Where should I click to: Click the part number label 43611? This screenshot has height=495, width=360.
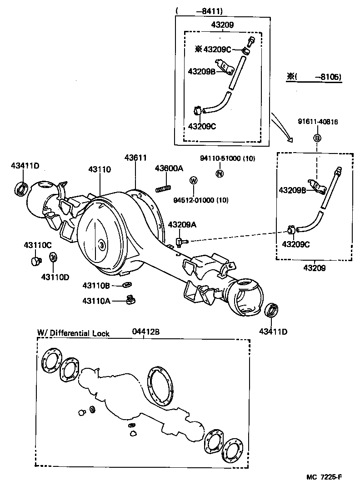point(135,158)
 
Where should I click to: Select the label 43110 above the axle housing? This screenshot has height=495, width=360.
point(100,169)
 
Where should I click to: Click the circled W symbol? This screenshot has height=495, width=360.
point(193,181)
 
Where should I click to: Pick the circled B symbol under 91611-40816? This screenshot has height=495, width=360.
point(317,138)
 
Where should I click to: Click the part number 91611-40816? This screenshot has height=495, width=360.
point(318,122)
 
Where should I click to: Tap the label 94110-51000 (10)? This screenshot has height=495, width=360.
point(228,158)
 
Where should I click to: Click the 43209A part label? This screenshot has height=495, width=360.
point(182,224)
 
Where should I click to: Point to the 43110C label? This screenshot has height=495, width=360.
point(38,245)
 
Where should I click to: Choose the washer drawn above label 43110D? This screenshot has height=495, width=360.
point(53,257)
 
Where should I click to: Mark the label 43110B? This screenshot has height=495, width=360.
point(96,285)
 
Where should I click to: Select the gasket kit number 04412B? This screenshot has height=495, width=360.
point(145,332)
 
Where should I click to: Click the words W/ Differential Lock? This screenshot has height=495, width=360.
point(73,333)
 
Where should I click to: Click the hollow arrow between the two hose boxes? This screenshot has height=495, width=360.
point(282,129)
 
